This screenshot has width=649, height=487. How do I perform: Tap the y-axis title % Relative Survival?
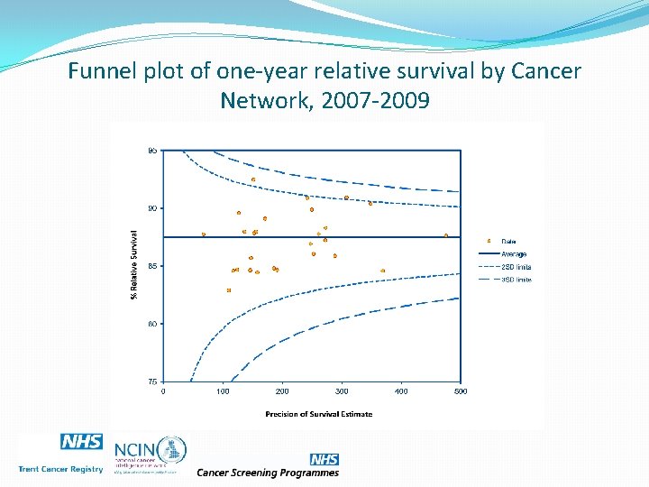(x=133, y=263)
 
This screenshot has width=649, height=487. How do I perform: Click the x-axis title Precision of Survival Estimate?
(x=318, y=414)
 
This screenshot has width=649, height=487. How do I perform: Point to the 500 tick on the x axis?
(x=460, y=391)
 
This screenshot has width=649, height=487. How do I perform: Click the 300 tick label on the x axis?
(x=342, y=391)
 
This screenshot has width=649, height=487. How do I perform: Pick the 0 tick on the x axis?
(x=163, y=391)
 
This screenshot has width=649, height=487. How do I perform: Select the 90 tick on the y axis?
(x=152, y=208)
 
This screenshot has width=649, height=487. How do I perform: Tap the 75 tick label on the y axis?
(x=152, y=381)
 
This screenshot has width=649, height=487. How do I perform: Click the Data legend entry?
(x=508, y=241)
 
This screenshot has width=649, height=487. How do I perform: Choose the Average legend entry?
(x=514, y=254)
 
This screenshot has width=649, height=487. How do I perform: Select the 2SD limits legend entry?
(x=516, y=267)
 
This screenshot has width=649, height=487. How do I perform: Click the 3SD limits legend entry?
(x=516, y=280)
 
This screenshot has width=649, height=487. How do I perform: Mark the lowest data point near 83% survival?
(x=229, y=290)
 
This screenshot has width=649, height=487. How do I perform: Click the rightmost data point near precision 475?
(x=446, y=235)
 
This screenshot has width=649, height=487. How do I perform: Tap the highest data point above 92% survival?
(x=253, y=179)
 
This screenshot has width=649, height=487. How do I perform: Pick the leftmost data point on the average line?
(x=204, y=234)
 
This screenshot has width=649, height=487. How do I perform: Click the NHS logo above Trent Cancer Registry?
(x=81, y=441)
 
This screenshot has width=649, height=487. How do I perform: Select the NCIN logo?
(x=150, y=450)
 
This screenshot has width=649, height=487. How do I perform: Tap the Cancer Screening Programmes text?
(x=268, y=473)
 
